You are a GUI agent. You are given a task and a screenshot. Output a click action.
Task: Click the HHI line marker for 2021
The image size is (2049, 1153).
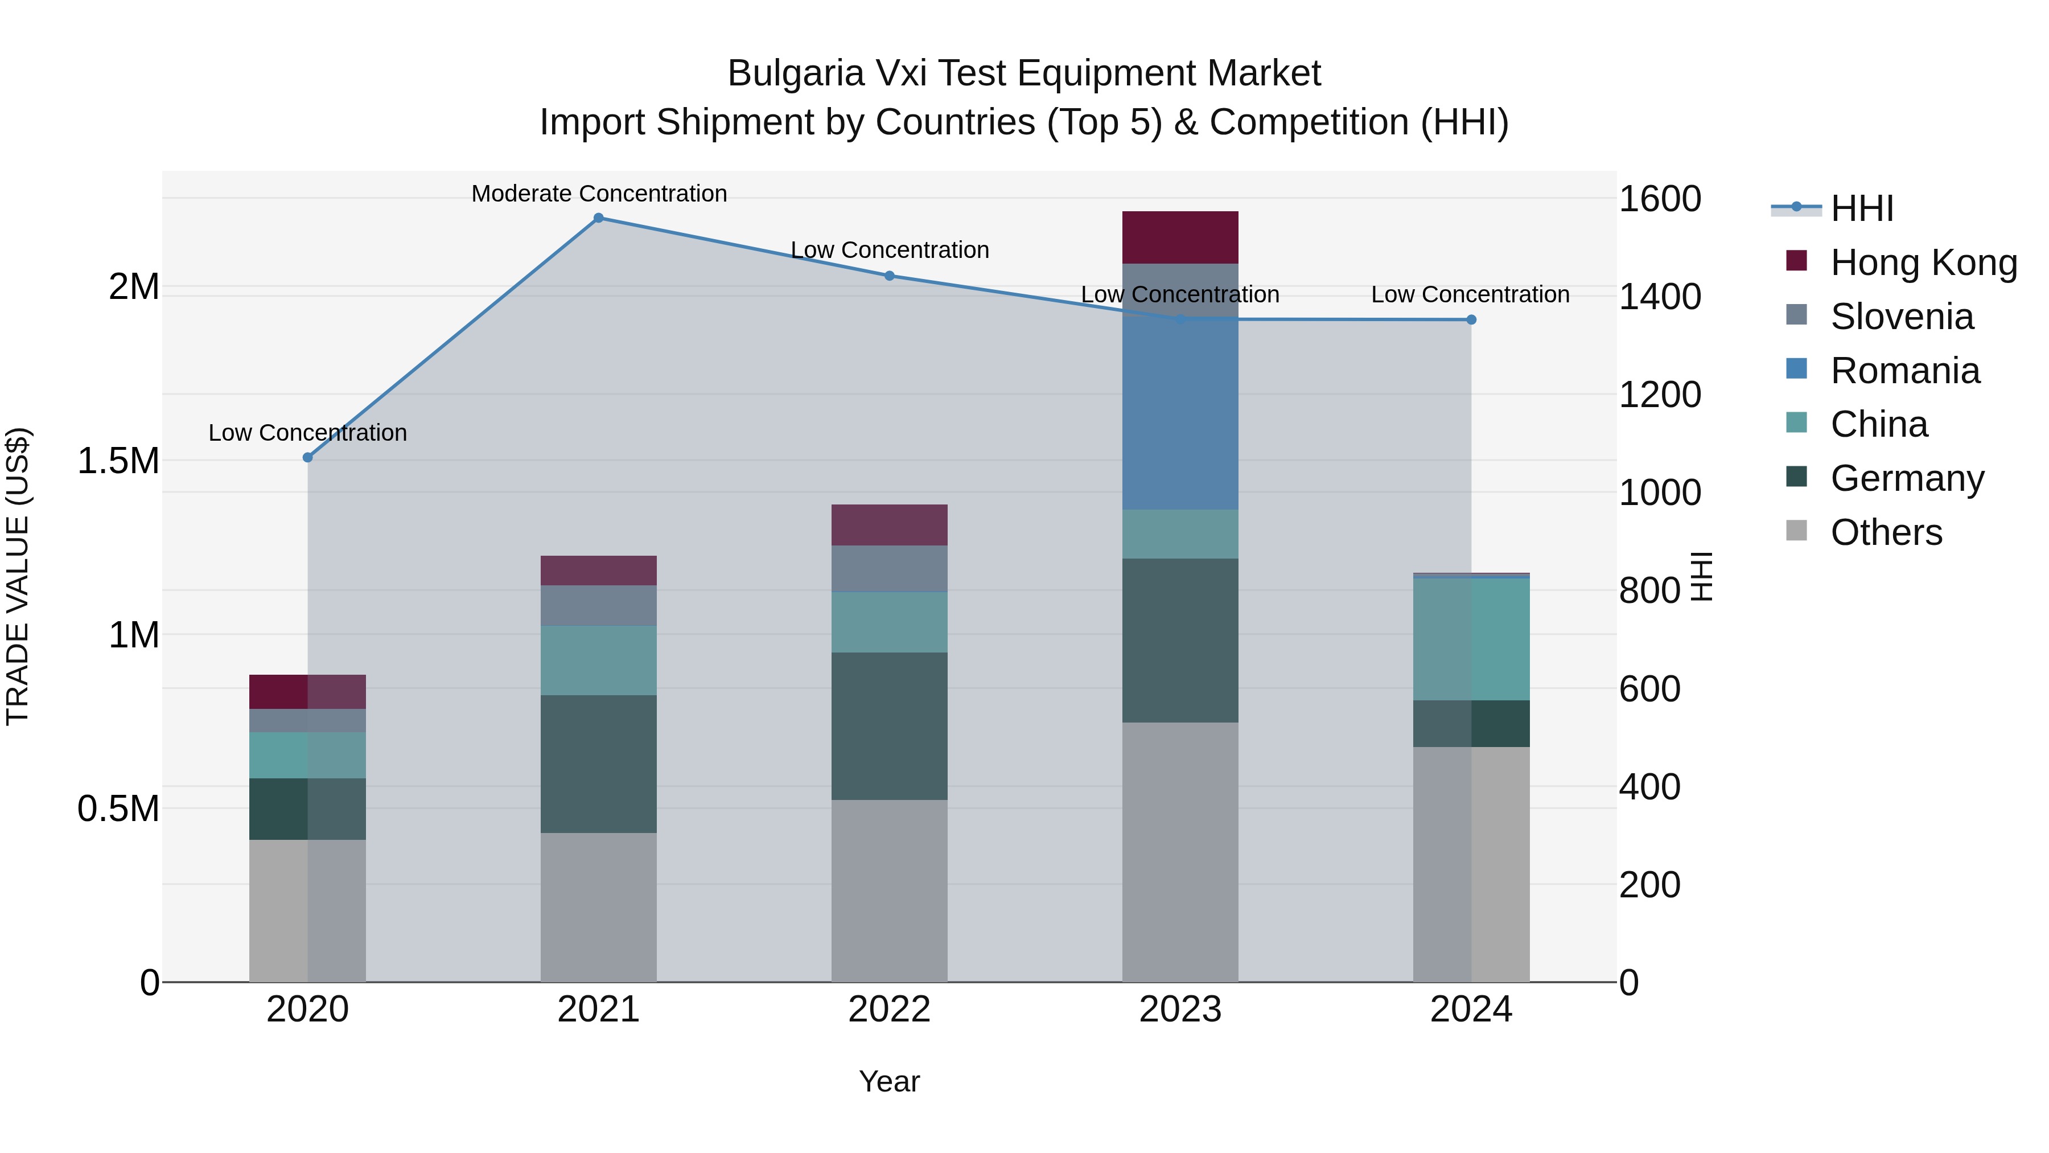[x=599, y=218]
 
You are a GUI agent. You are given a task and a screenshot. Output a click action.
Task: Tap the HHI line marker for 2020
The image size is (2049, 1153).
[x=308, y=458]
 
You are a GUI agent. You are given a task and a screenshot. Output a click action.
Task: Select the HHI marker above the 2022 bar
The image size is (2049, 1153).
[x=889, y=276]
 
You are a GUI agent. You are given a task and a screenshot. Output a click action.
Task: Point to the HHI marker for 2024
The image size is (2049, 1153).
[x=1471, y=320]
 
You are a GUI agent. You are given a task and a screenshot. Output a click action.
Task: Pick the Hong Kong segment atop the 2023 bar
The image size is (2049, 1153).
[x=1180, y=237]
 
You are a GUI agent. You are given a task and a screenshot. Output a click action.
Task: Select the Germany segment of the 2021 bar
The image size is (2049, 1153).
[x=598, y=764]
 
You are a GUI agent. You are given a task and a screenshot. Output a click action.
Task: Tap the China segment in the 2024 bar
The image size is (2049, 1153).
[x=1471, y=639]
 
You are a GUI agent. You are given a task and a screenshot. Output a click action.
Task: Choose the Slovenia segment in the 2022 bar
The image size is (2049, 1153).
[x=889, y=568]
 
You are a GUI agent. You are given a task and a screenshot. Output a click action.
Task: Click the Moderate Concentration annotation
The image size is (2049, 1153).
[x=599, y=194]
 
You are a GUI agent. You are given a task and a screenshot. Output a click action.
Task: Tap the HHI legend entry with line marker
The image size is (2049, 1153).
[x=1861, y=208]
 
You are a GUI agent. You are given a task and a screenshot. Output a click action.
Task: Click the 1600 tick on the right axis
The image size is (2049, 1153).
[x=1659, y=199]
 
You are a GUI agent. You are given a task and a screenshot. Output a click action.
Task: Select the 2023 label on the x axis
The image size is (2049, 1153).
[x=1180, y=1010]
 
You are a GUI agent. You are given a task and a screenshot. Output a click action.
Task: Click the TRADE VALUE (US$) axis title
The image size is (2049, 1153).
[x=18, y=576]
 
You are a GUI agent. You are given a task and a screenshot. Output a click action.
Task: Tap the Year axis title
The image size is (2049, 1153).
[x=888, y=1081]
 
